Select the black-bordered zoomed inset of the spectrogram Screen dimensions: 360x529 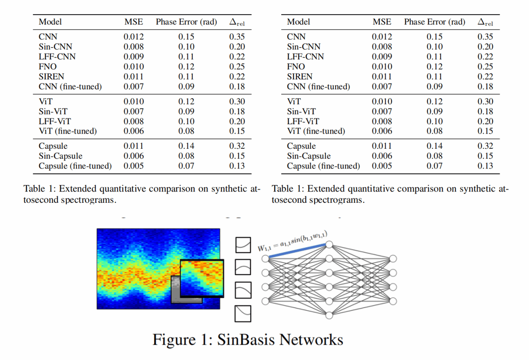click(202, 278)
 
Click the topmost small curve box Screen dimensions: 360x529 click(243, 244)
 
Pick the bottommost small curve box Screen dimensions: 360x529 click(243, 313)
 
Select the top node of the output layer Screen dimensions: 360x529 click(393, 259)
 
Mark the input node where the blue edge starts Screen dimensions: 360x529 click(265, 258)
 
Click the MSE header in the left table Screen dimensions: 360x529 click(133, 22)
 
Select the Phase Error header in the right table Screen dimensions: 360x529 click(434, 22)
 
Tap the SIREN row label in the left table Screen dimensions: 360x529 click(52, 77)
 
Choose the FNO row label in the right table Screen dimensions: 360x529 click(296, 67)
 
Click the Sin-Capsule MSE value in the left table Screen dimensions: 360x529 click(133, 156)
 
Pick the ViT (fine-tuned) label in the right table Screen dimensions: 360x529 click(316, 131)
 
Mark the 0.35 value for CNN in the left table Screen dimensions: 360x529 click(238, 37)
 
